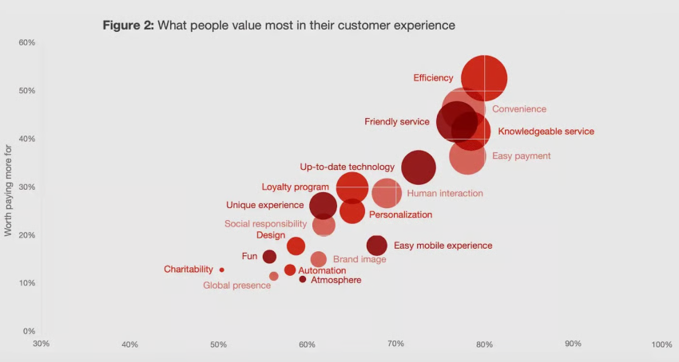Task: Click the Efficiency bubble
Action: click(x=483, y=79)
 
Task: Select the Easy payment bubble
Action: click(x=467, y=156)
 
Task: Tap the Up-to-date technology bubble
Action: click(x=419, y=167)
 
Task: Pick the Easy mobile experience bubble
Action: click(x=376, y=246)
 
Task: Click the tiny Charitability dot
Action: click(x=221, y=270)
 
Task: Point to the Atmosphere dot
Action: click(x=303, y=279)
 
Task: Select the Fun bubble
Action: click(x=269, y=257)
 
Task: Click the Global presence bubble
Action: click(x=274, y=276)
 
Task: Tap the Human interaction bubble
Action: click(x=387, y=193)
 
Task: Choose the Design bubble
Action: click(x=296, y=246)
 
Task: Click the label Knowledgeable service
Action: click(x=546, y=132)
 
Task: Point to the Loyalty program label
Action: click(x=295, y=187)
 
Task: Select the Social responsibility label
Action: click(x=265, y=224)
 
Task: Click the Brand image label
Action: click(x=359, y=259)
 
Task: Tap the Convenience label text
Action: click(x=518, y=109)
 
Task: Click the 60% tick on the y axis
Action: click(x=26, y=42)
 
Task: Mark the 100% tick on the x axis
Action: click(x=661, y=344)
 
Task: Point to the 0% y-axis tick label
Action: click(x=28, y=331)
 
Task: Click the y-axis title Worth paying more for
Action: click(x=9, y=190)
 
